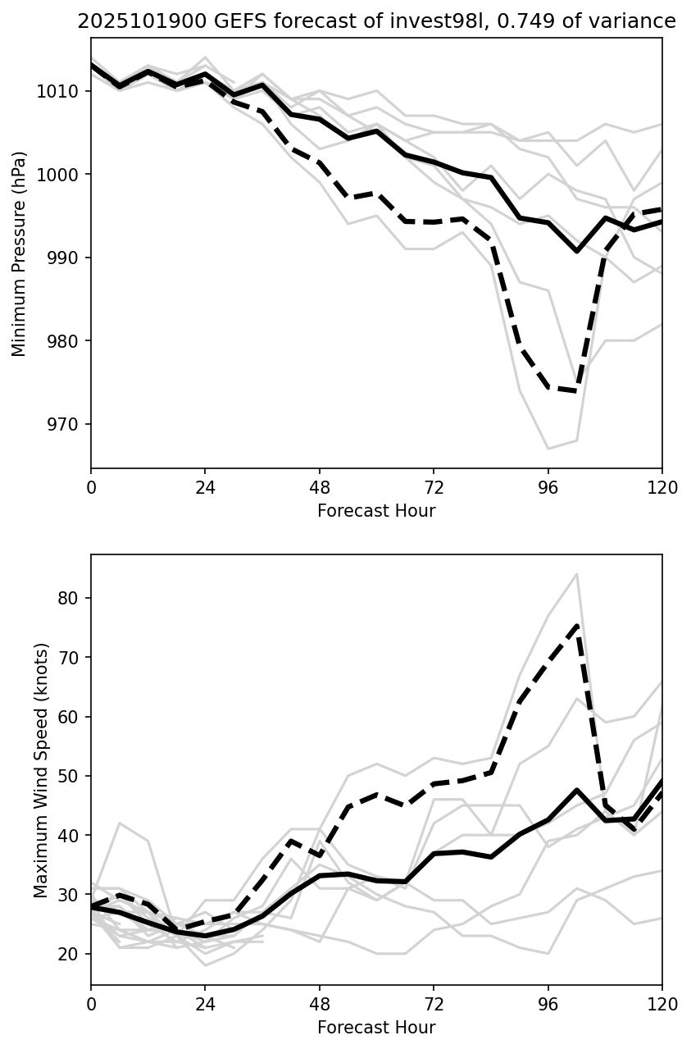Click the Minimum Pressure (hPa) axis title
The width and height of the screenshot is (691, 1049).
pyautogui.click(x=19, y=253)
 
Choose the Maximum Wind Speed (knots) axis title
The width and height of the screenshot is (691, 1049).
pyautogui.click(x=41, y=770)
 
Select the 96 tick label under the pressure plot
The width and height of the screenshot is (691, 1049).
pyautogui.click(x=548, y=486)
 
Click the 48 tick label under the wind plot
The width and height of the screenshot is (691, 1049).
pyautogui.click(x=320, y=1003)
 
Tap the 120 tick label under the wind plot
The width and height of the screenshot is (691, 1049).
pyautogui.click(x=661, y=1003)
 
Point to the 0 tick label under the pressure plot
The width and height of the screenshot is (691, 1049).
pyautogui.click(x=91, y=486)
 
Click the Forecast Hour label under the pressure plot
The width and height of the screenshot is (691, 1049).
pyautogui.click(x=376, y=511)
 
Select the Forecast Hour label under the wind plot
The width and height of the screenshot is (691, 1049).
pyautogui.click(x=376, y=1028)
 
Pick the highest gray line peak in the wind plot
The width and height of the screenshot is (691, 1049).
pyautogui.click(x=577, y=574)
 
